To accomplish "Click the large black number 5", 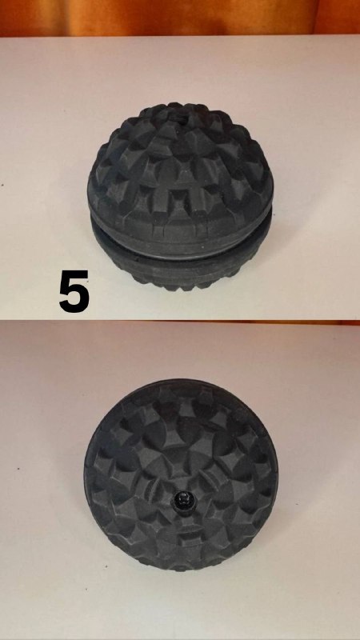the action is (x=74, y=291).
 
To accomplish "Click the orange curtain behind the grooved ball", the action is (x=180, y=18).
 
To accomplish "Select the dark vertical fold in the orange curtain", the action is (x=314, y=18).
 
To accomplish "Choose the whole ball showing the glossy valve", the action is (x=181, y=474).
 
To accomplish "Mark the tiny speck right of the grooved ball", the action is (x=274, y=213).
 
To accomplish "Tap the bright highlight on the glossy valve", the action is (x=182, y=496).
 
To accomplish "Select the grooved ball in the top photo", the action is (x=180, y=197).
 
